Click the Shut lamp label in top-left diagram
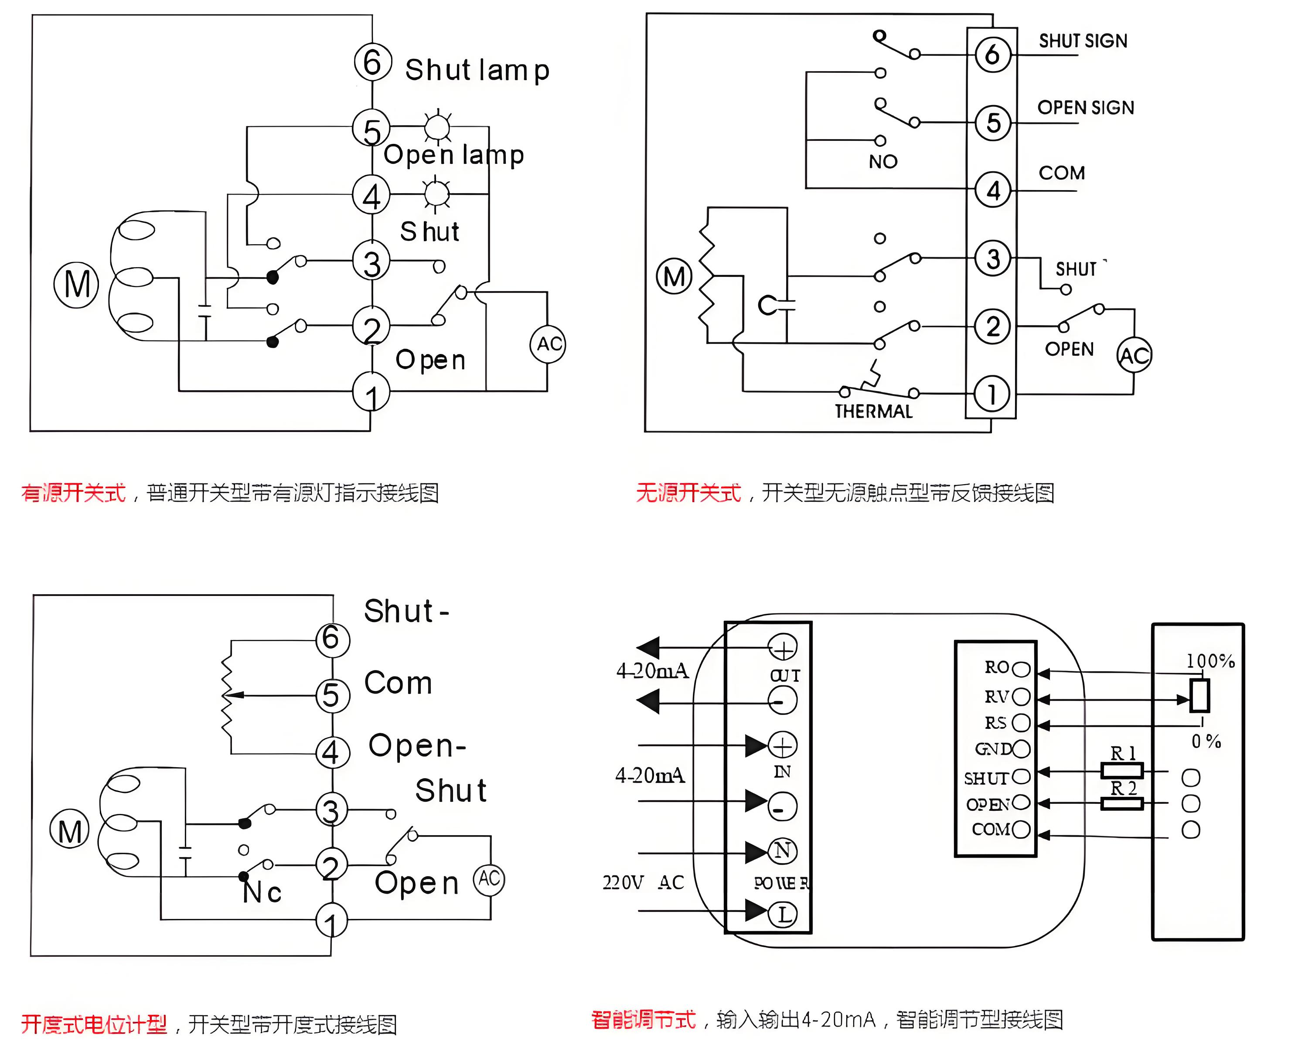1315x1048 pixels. pyautogui.click(x=477, y=70)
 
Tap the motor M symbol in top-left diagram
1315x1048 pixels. pyautogui.click(x=76, y=285)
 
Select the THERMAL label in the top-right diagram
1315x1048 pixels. pyautogui.click(x=873, y=412)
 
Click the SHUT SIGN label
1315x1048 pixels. pyautogui.click(x=1083, y=41)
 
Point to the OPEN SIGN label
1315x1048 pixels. pyautogui.click(x=1086, y=108)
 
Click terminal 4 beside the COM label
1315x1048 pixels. pyautogui.click(x=993, y=190)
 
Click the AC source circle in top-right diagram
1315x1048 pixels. pyautogui.click(x=1134, y=355)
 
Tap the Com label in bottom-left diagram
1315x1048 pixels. pyautogui.click(x=398, y=683)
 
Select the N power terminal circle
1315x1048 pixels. pyautogui.click(x=783, y=851)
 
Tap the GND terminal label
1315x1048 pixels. pyautogui.click(x=992, y=749)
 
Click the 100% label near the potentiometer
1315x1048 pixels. pyautogui.click(x=1210, y=661)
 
